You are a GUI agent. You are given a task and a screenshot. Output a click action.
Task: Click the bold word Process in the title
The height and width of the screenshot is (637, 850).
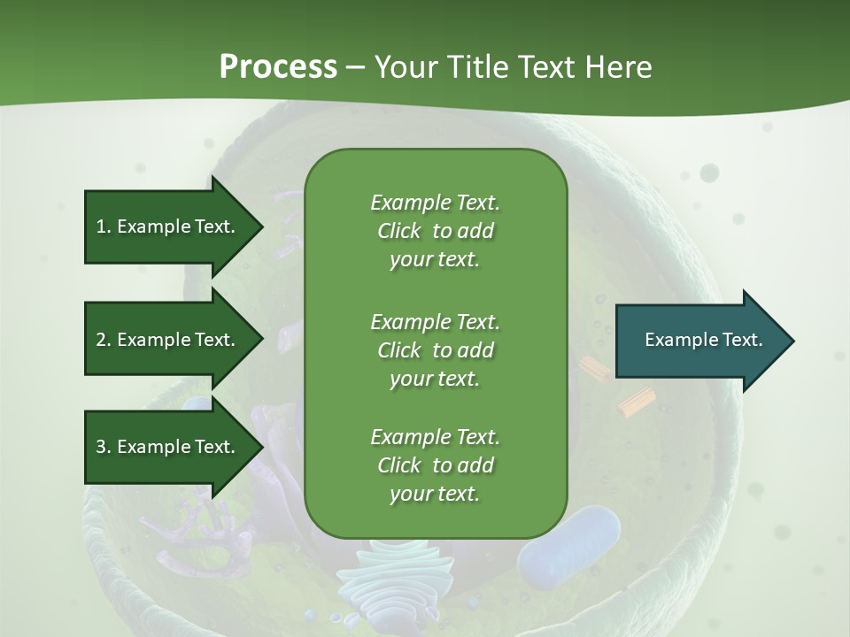[x=278, y=67]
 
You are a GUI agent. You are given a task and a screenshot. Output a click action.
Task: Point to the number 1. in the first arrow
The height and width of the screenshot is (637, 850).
[x=104, y=226]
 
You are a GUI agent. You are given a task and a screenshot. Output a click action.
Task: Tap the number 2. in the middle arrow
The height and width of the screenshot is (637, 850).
[x=104, y=340]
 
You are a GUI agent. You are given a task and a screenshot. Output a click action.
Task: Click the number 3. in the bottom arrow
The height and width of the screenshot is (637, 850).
[x=104, y=447]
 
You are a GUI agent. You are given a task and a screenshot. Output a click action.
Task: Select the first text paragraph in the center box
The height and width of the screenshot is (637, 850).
[x=435, y=231]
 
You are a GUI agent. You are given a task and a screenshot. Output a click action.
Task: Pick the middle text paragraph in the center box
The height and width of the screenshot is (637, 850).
[x=435, y=350]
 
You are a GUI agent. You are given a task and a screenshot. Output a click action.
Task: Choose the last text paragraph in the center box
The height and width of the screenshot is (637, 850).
[x=435, y=465]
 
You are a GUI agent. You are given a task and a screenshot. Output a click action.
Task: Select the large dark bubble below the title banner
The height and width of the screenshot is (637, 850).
[x=709, y=173]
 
